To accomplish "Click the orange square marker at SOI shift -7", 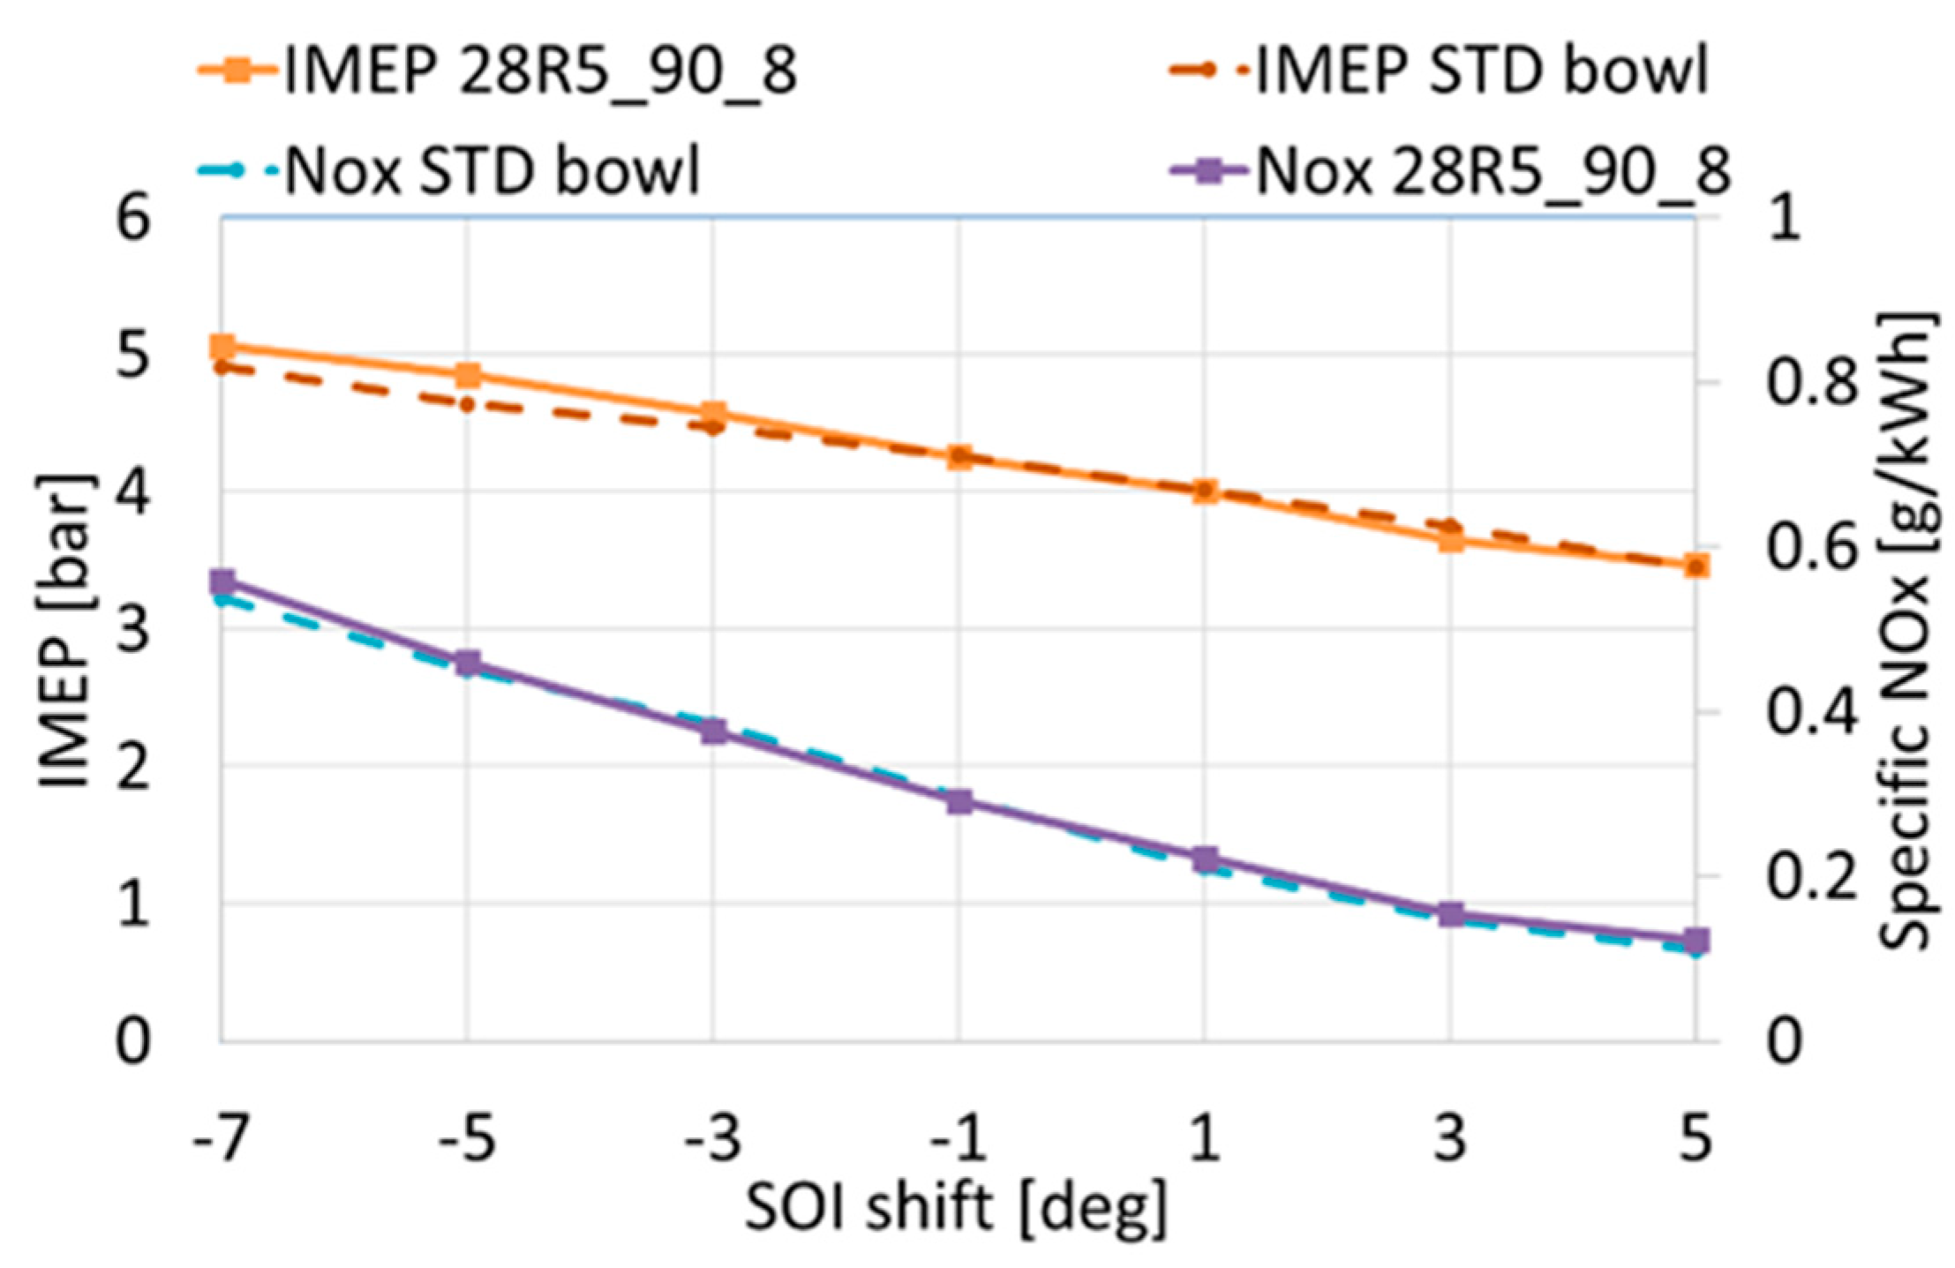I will click(222, 347).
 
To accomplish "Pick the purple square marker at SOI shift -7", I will click(222, 582).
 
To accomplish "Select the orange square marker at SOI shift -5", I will click(468, 375).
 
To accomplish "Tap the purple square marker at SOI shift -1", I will click(959, 802).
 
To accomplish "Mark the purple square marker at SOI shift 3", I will click(1451, 915).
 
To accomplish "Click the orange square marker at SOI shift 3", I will click(1451, 540).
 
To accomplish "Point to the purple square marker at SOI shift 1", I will click(1206, 859).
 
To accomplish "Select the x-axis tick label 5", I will click(1696, 1140).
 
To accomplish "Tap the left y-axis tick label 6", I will click(134, 217).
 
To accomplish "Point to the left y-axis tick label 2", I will click(134, 767).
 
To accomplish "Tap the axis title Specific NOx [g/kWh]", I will click(1906, 630).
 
